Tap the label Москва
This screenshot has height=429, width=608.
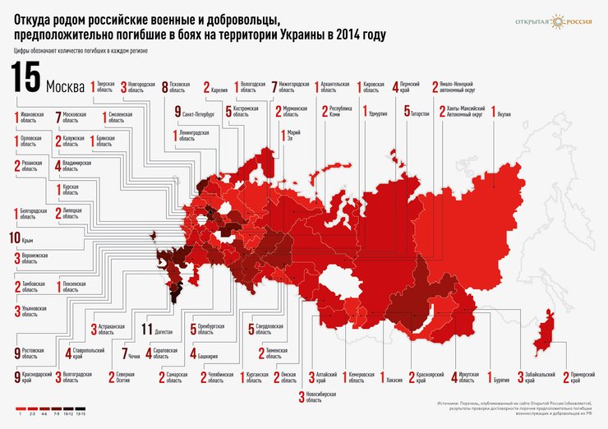pyautogui.click(x=66, y=86)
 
